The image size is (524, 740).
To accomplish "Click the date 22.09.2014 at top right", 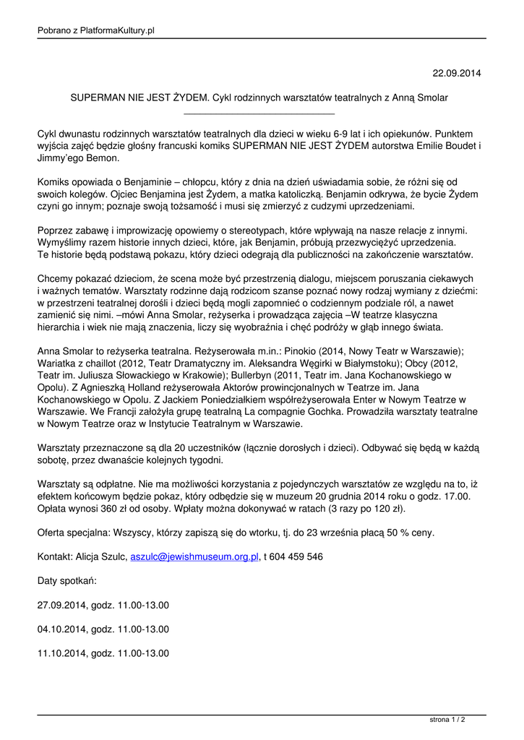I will coord(456,74).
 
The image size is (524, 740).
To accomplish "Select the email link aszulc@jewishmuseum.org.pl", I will coord(194,556).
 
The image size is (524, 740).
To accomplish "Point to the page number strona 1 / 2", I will coord(447,720).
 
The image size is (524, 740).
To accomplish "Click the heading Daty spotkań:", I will coord(66,580).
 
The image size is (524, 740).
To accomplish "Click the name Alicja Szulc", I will coord(101,556).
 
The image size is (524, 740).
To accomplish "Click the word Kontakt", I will coord(55,556).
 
